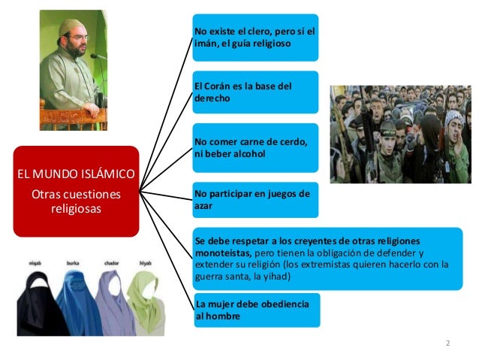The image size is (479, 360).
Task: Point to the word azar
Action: pos(203,204)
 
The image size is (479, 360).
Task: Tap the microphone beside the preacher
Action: pos(96,56)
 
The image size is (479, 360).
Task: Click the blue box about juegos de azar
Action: pos(255,199)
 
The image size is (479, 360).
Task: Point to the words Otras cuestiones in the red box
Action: pos(74,195)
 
